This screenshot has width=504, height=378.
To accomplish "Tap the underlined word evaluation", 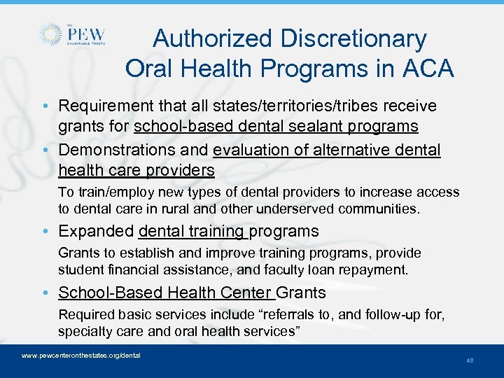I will coord(254,150).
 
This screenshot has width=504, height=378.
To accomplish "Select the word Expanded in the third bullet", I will coord(96,231).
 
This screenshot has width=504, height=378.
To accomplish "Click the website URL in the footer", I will coord(81,356).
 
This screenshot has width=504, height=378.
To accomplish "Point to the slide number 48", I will coord(469,360).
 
